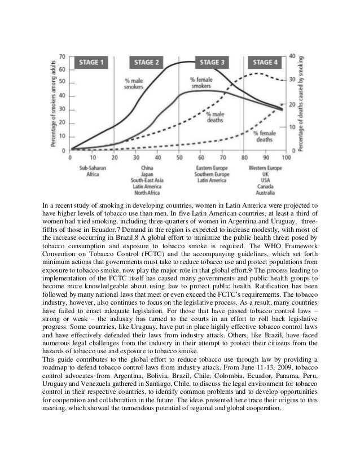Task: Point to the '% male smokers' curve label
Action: [x=134, y=84]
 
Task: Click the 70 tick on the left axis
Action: [x=62, y=56]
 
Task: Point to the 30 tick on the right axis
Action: [x=292, y=80]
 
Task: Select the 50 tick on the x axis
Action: [x=178, y=159]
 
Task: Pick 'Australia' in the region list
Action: [x=265, y=191]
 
